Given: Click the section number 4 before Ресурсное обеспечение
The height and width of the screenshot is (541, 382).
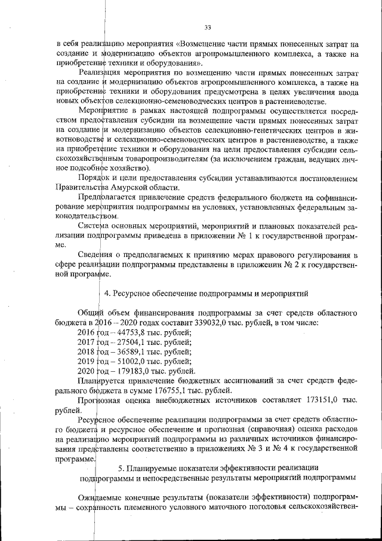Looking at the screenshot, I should tap(107, 294).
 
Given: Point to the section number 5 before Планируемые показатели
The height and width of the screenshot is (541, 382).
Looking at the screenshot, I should tap(121, 467).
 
